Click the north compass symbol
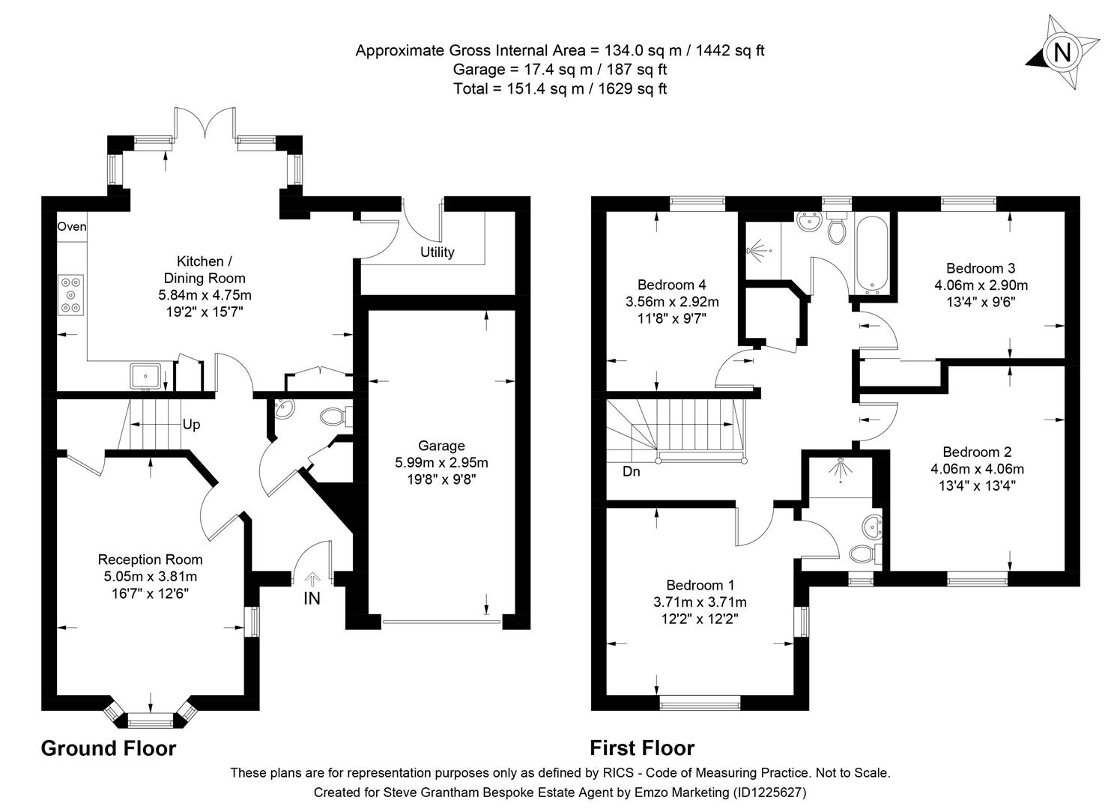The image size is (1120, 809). (1062, 52)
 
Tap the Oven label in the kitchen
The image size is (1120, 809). (72, 226)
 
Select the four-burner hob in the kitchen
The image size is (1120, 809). (71, 294)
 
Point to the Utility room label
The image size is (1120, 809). (437, 252)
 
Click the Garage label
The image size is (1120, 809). (441, 446)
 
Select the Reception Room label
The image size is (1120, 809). (150, 560)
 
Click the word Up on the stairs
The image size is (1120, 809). (191, 425)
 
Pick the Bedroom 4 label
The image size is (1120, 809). (671, 285)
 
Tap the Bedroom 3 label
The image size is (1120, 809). (980, 268)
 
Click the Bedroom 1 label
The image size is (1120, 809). (700, 585)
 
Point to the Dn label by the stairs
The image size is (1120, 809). (631, 472)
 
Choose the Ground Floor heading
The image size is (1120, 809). (108, 748)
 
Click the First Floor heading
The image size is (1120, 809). (641, 748)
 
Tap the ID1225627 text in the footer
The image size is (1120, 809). (769, 792)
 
